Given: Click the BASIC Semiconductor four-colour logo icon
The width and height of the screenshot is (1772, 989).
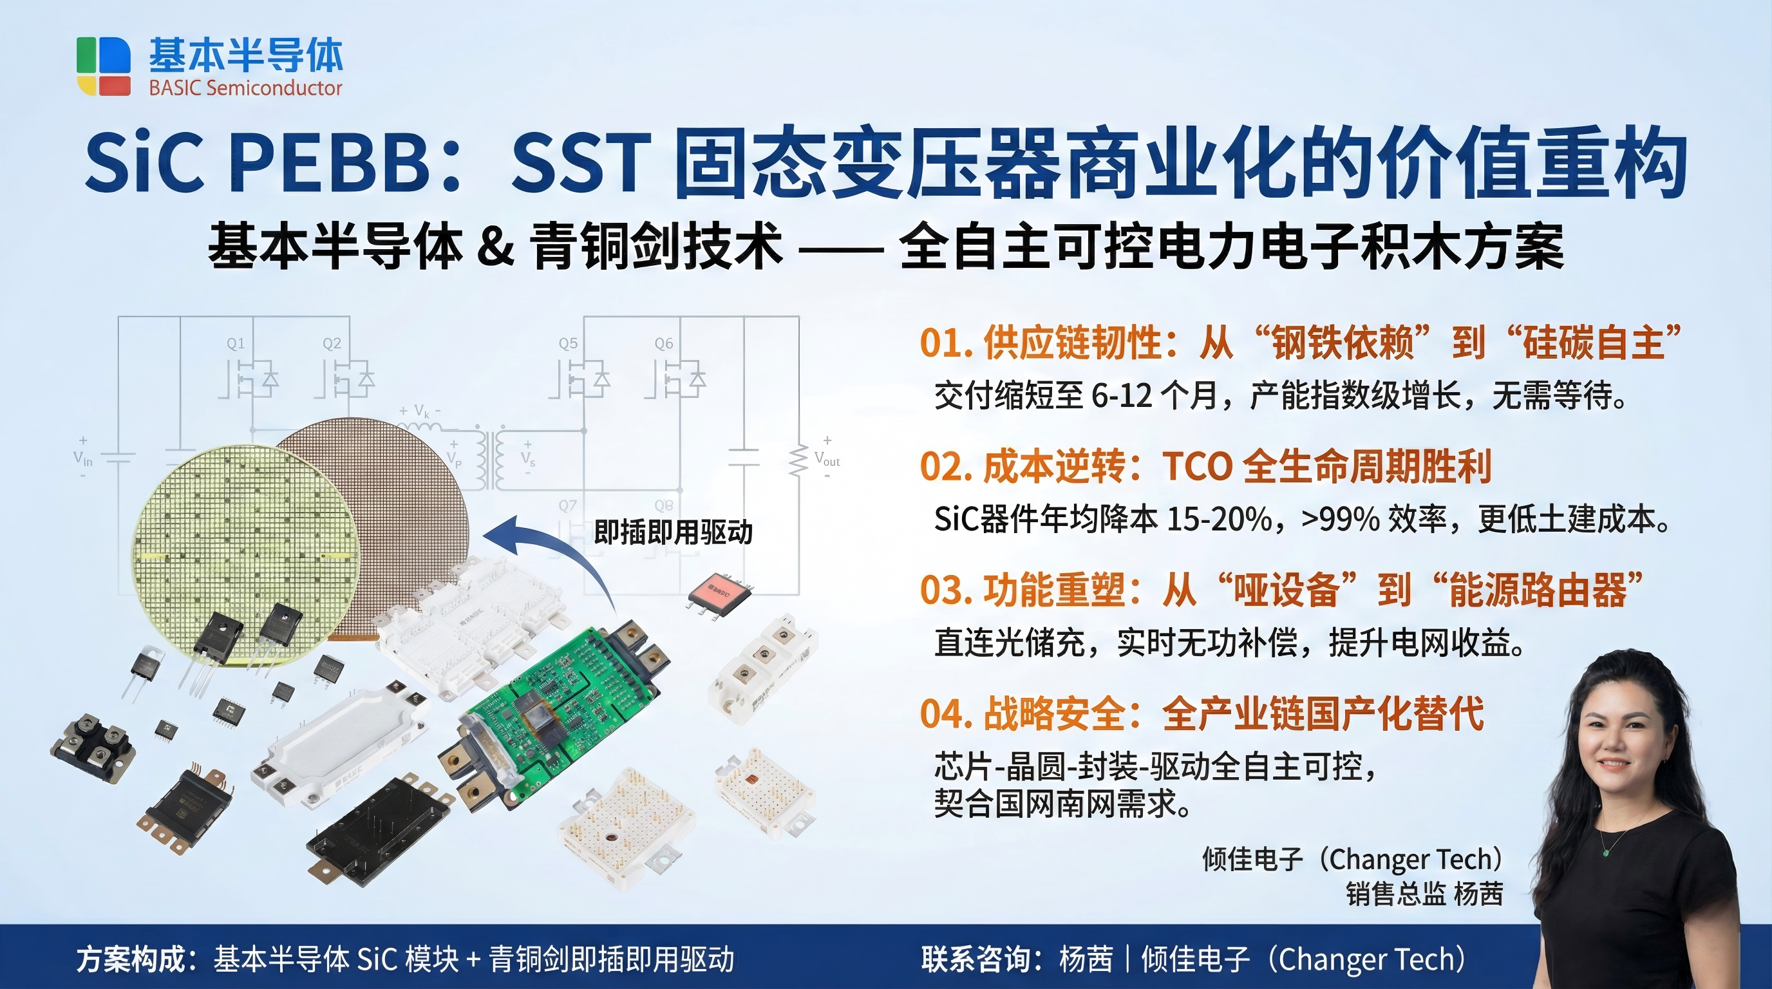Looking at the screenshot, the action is [x=103, y=66].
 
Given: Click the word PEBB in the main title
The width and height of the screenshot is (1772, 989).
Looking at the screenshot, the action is [x=335, y=163].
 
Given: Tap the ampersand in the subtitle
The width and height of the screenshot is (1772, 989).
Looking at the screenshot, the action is [x=495, y=246].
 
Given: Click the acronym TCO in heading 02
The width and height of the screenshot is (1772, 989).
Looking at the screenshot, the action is [x=1198, y=466].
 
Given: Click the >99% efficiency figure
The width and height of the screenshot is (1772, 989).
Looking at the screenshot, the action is [x=1340, y=519].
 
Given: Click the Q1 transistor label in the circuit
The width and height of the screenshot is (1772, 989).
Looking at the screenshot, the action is [x=236, y=343].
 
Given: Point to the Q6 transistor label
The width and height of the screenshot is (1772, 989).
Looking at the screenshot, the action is [x=664, y=343].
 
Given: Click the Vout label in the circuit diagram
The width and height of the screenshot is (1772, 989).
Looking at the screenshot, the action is [x=827, y=458].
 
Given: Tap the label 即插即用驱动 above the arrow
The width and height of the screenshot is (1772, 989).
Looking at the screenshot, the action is [x=673, y=532].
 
